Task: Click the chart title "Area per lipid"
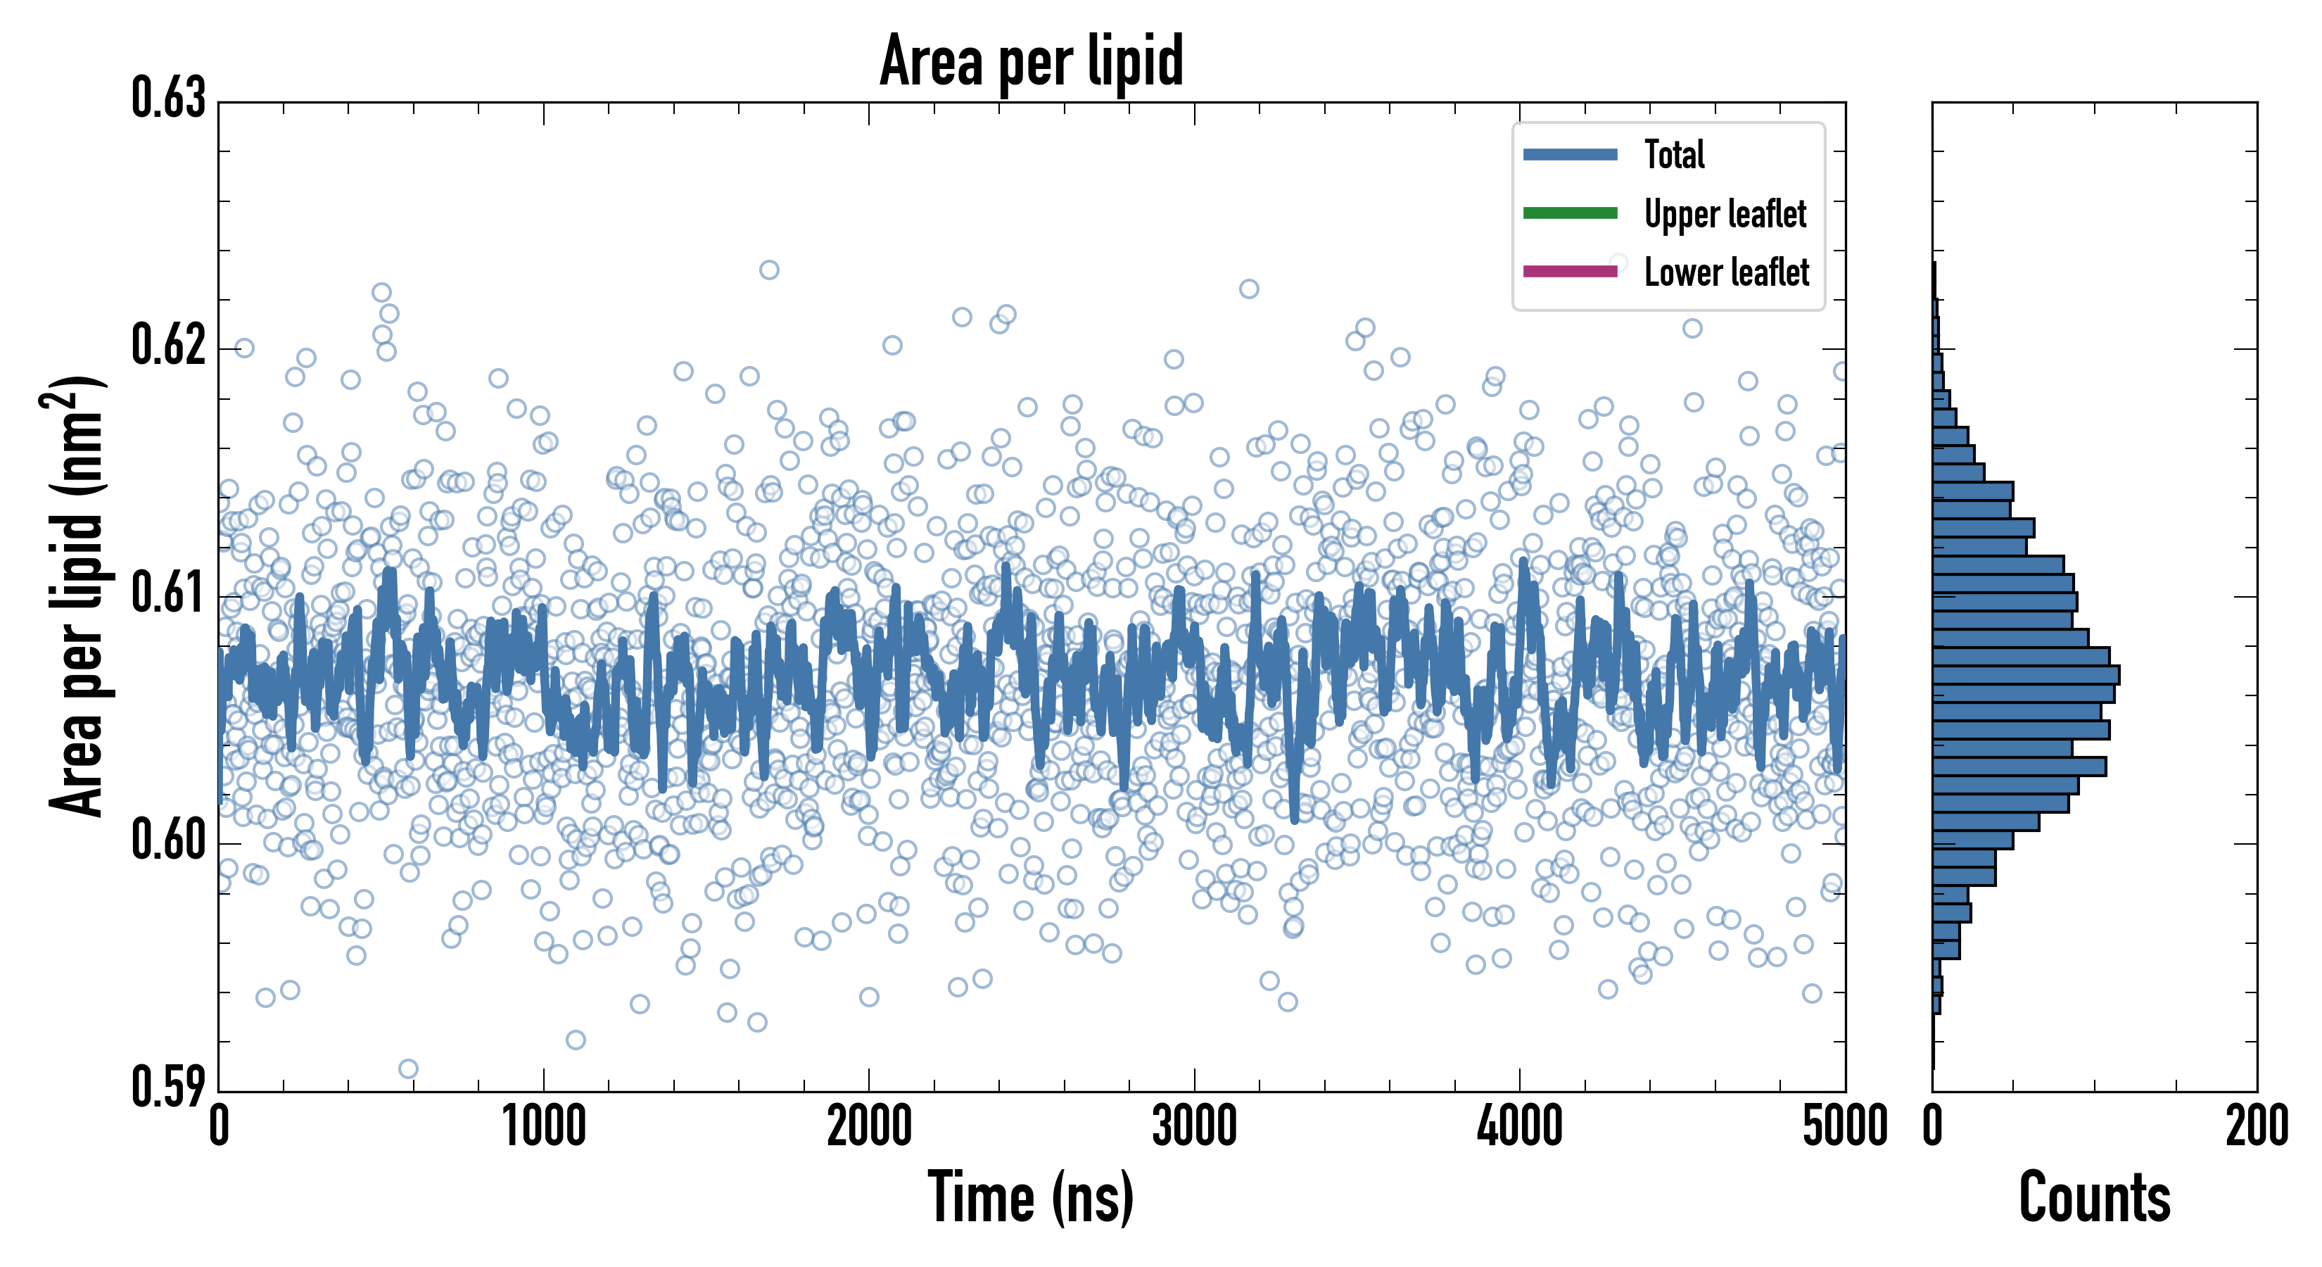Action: [x=1032, y=61]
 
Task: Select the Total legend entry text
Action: [x=1674, y=154]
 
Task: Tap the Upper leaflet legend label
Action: [x=1725, y=214]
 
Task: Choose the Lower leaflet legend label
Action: [x=1725, y=272]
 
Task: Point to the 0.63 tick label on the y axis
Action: [x=169, y=99]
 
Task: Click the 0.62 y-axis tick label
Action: [x=169, y=346]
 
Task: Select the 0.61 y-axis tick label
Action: [x=169, y=593]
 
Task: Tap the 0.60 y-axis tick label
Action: [x=169, y=840]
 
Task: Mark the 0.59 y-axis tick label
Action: [x=169, y=1087]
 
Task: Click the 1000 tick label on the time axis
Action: [x=543, y=1127]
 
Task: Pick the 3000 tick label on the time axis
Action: [x=1194, y=1127]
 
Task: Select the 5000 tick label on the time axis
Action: [x=1844, y=1127]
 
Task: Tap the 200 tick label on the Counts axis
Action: [x=2256, y=1127]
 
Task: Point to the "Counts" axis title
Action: [x=2094, y=1197]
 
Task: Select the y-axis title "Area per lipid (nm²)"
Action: [x=77, y=595]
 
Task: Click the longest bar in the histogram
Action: [x=2026, y=674]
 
